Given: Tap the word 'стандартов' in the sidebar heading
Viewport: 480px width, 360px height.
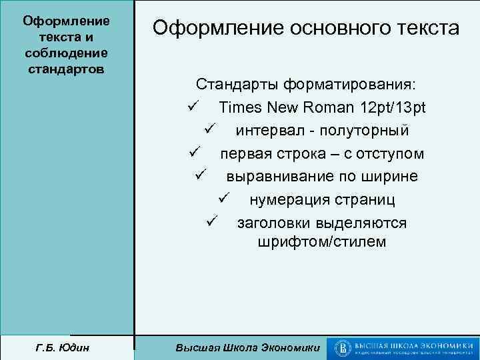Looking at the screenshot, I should point(66,69).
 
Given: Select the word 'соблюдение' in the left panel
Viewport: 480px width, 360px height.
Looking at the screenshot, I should point(66,53).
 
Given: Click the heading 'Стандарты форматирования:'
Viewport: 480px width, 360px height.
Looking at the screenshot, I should point(305,85).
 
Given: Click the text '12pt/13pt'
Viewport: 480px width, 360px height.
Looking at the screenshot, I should point(392,108).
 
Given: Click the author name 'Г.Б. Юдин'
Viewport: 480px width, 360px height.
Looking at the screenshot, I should point(66,347).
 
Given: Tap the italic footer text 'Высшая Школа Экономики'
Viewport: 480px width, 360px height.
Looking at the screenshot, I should point(247,347).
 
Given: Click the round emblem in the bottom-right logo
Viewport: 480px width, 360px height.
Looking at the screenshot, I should point(341,347).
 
